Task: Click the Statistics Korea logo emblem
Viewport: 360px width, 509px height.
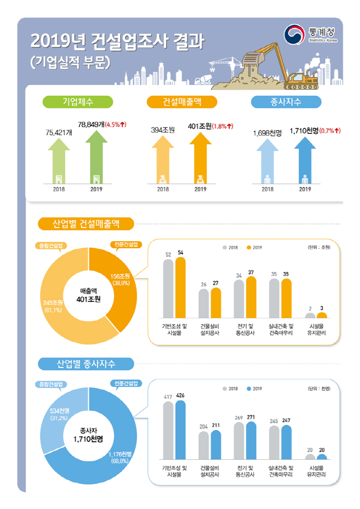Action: [294, 34]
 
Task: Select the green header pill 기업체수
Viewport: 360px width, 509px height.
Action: [78, 102]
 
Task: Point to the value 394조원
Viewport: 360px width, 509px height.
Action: [163, 130]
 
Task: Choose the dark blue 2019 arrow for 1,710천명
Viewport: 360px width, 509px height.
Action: [305, 160]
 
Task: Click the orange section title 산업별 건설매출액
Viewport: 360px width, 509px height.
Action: [86, 224]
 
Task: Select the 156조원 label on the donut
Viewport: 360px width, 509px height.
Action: [120, 276]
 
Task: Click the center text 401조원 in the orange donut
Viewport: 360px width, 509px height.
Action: [89, 299]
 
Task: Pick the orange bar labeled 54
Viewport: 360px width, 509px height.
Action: [181, 288]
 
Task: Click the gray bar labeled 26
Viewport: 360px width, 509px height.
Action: [204, 303]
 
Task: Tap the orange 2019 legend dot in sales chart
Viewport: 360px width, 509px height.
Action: [249, 247]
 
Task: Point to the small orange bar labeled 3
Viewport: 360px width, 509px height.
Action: [322, 315]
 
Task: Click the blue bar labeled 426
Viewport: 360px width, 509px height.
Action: [181, 430]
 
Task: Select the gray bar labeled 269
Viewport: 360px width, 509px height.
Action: [239, 441]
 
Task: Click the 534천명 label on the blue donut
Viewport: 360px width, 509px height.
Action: [60, 411]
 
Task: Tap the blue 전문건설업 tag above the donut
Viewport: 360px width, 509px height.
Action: [126, 384]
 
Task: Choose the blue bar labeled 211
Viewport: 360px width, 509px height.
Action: [216, 444]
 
